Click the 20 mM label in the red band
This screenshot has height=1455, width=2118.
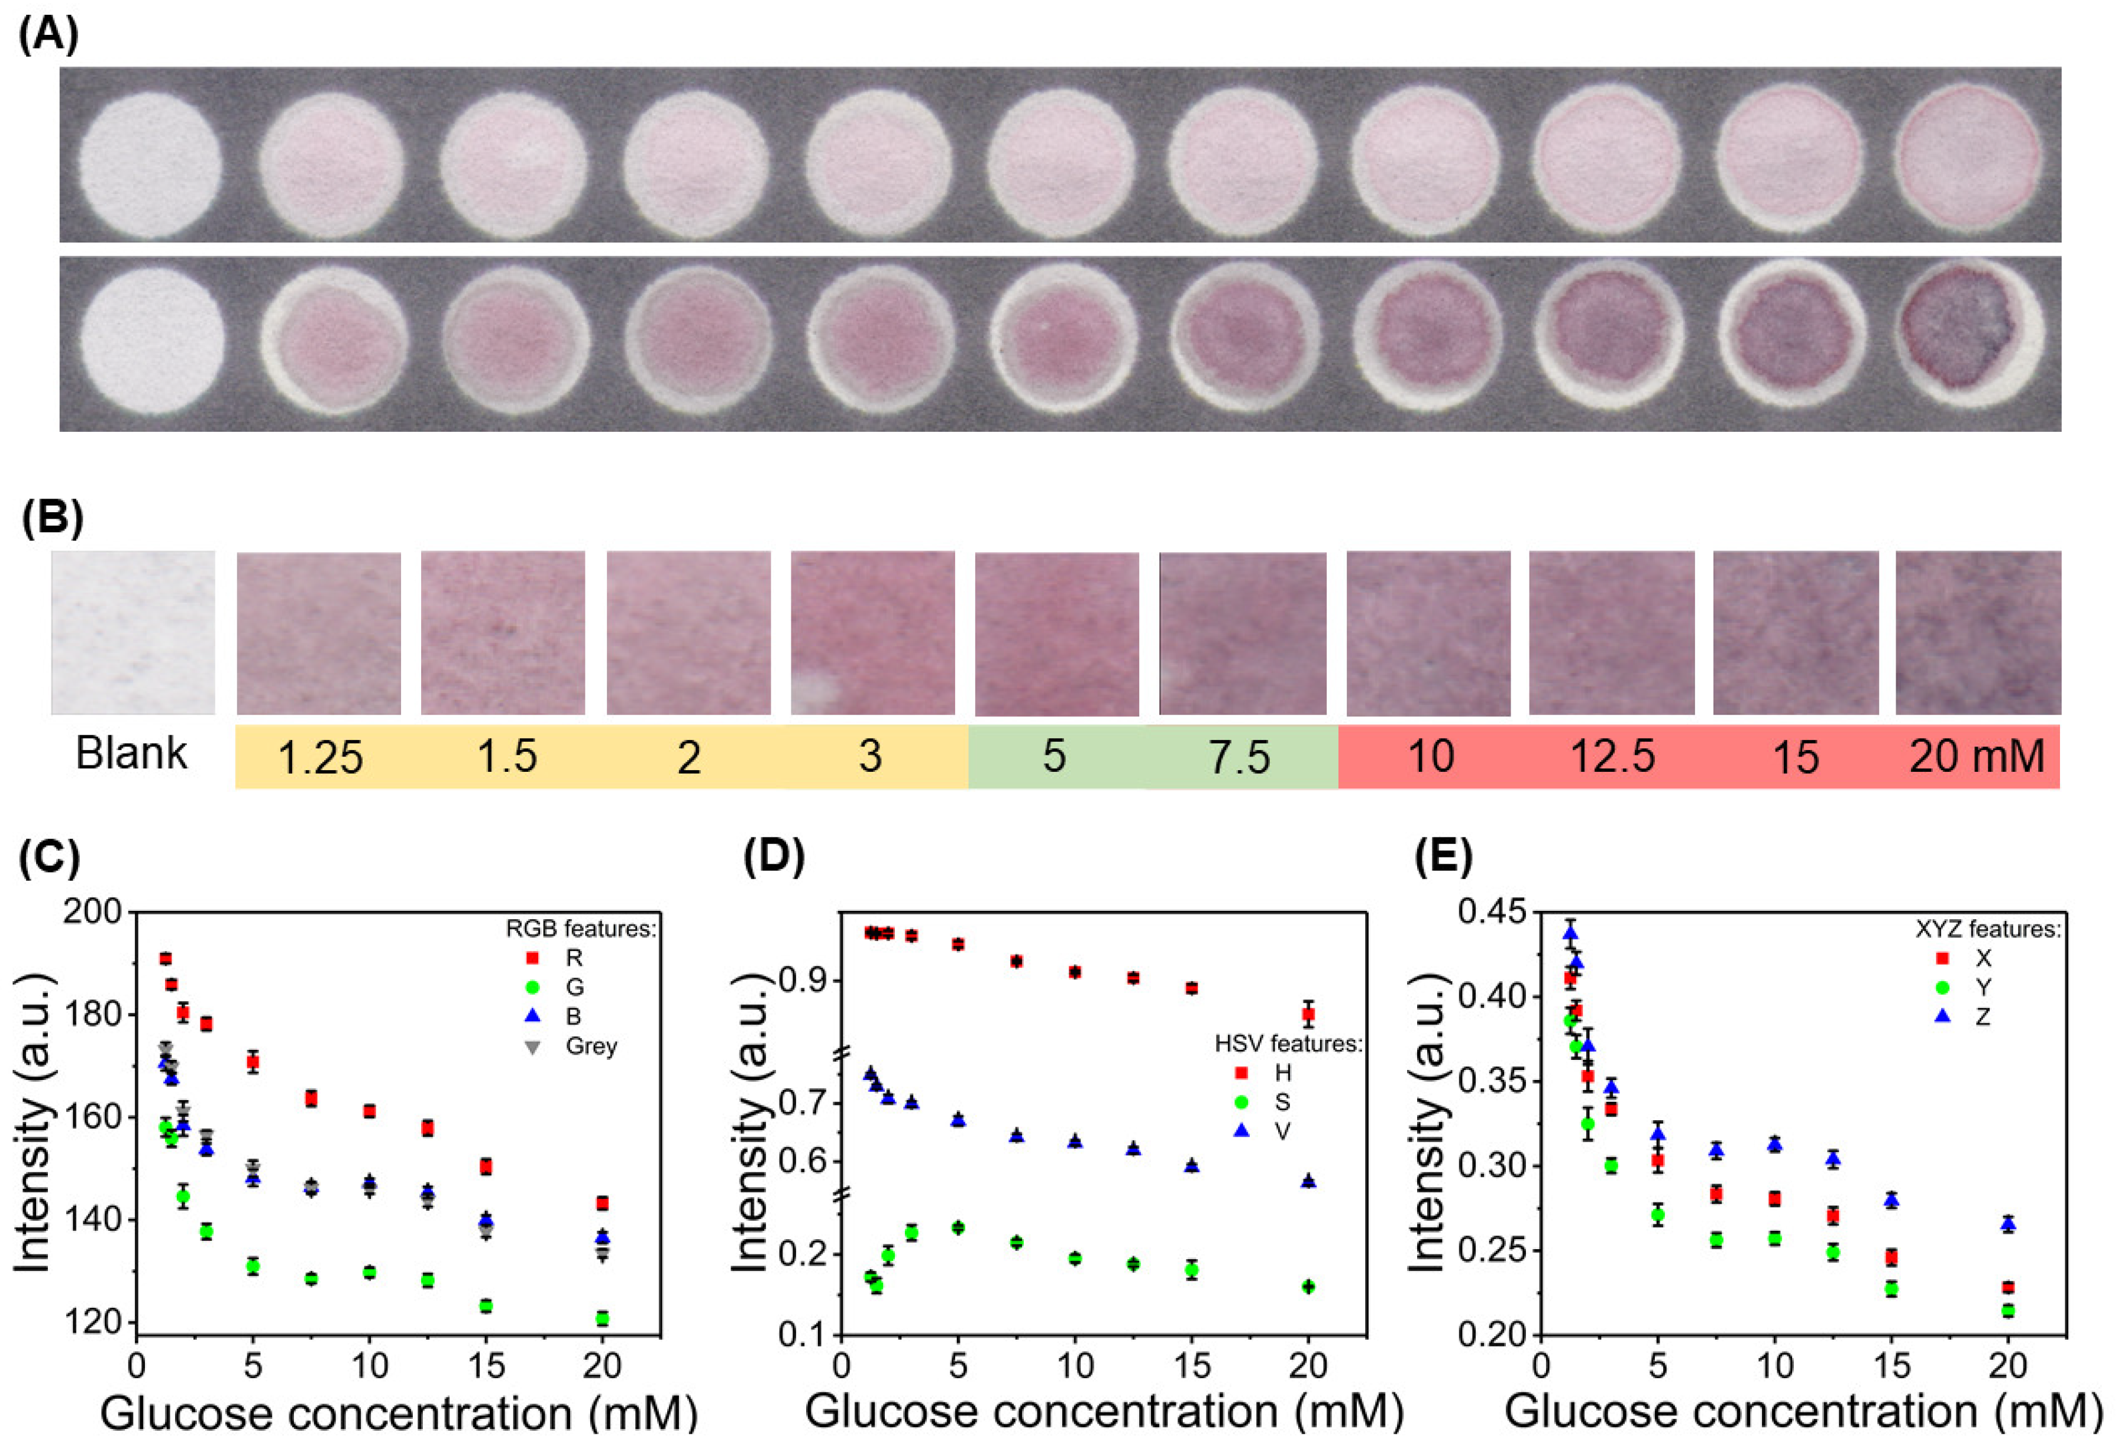[1977, 756]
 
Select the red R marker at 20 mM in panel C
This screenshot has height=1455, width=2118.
[602, 1204]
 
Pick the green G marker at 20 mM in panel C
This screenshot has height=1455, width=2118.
[602, 1318]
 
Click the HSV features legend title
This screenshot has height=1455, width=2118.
[1288, 1043]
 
